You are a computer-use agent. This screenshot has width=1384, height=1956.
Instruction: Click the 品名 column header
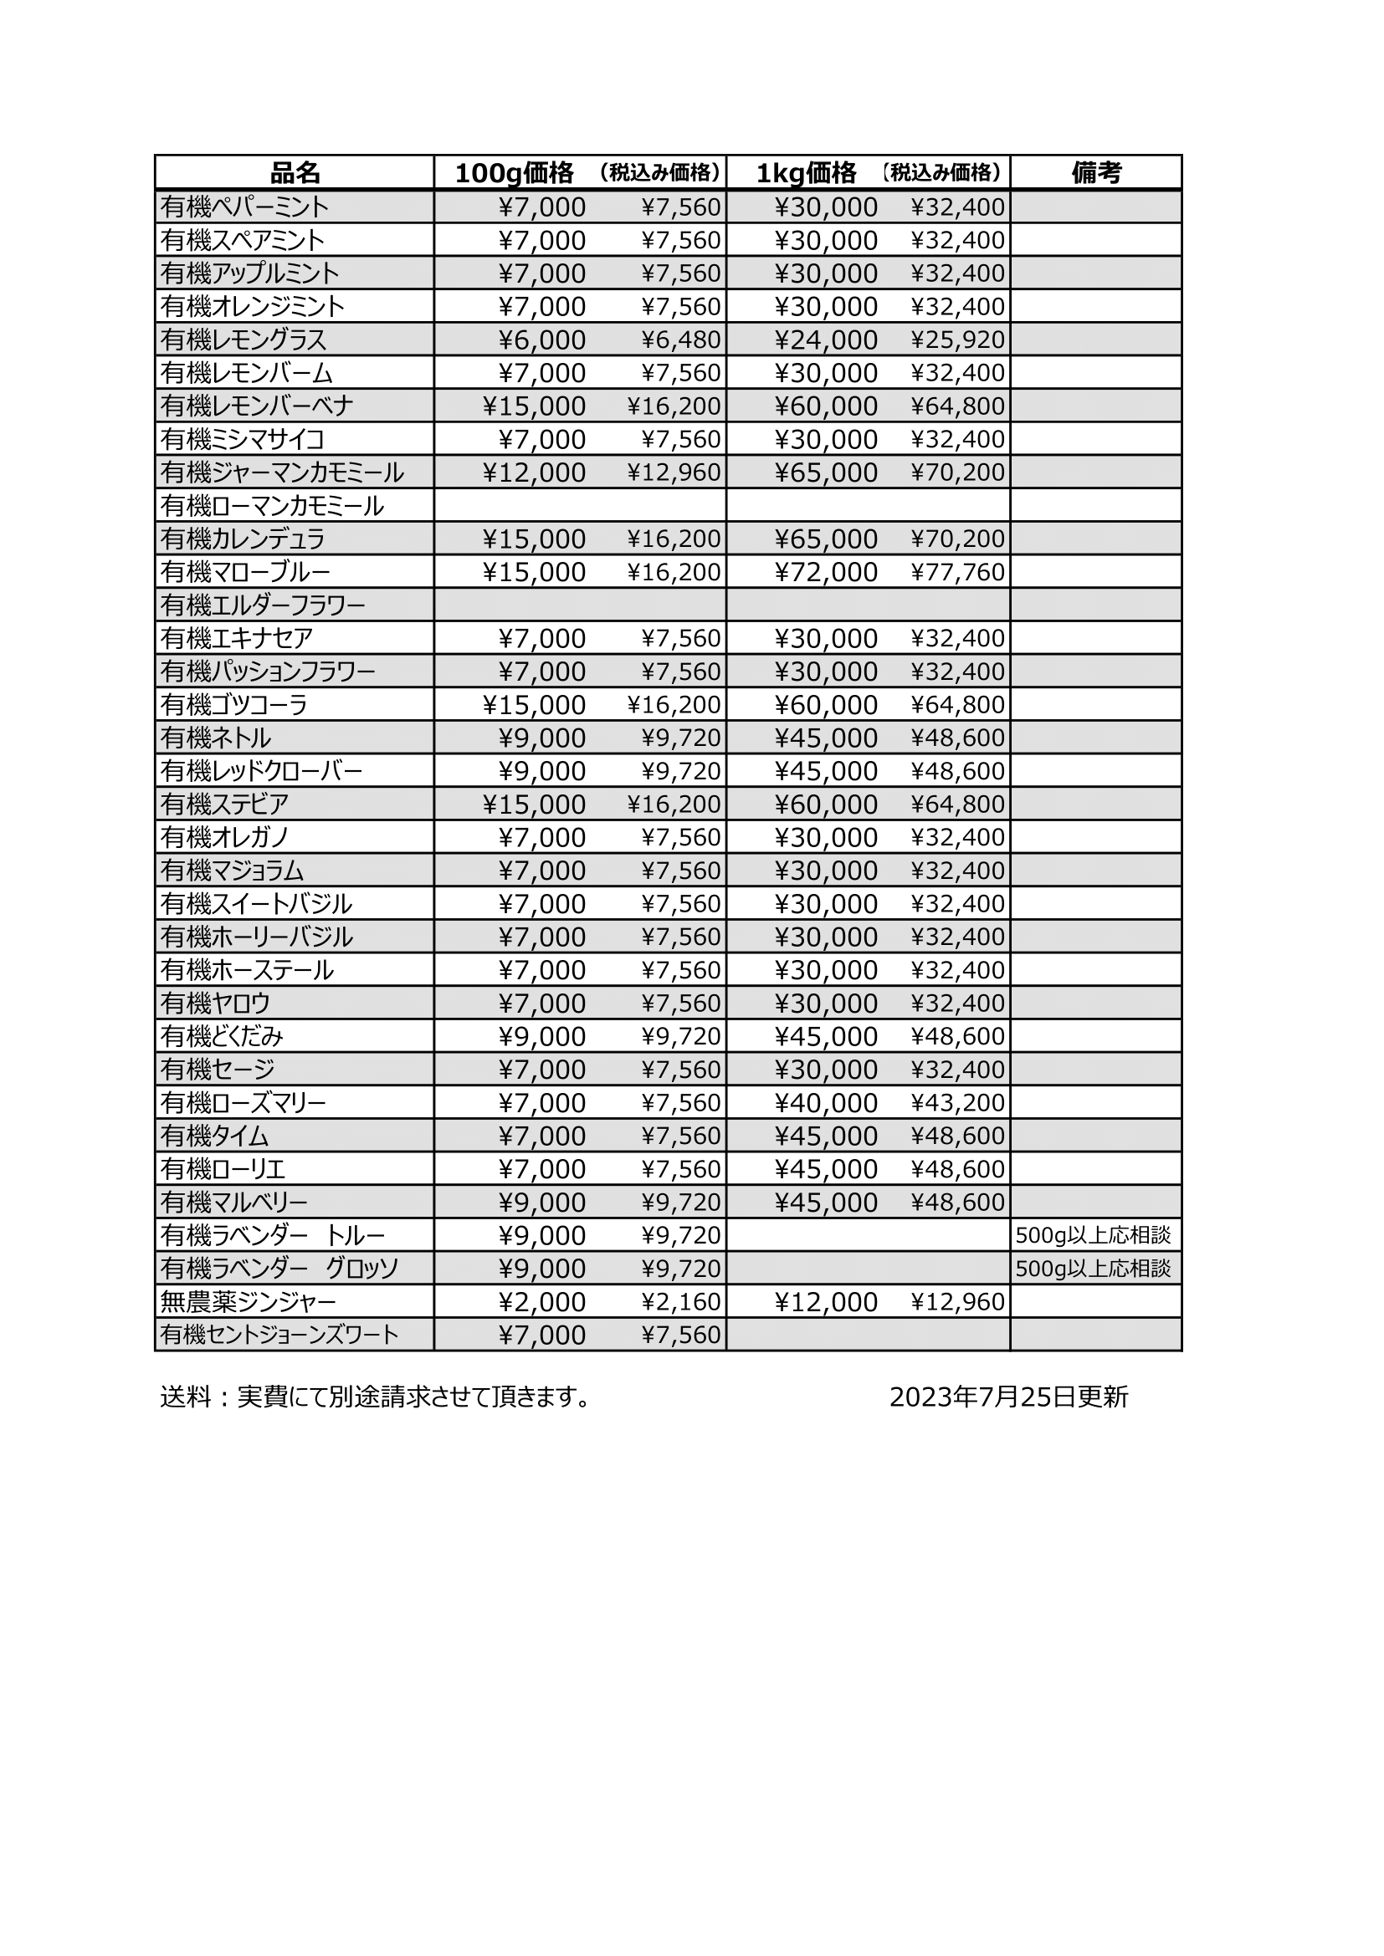[294, 173]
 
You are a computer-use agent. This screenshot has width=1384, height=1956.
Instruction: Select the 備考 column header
[1096, 173]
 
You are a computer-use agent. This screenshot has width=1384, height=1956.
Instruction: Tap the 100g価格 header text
[514, 173]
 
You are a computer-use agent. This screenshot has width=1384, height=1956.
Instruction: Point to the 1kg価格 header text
[806, 173]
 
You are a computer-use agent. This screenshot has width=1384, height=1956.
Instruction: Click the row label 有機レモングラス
[243, 340]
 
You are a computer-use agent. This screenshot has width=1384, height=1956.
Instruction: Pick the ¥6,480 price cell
[681, 340]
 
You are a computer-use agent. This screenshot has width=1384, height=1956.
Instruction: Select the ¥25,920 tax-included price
[958, 340]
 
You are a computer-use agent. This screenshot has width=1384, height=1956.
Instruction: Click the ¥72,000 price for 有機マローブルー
[826, 572]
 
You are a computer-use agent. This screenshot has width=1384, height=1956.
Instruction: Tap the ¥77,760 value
[958, 572]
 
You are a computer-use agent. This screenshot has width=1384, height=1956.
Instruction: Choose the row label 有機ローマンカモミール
[272, 506]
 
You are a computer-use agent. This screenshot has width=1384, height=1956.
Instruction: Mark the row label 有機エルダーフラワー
[263, 605]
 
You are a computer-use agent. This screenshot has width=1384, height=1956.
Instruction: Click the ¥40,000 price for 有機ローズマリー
[826, 1103]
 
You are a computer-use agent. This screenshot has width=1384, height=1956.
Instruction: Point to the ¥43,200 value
[958, 1103]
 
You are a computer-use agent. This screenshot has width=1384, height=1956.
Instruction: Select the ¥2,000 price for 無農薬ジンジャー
[543, 1303]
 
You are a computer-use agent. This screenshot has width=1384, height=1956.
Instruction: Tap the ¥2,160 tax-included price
[681, 1303]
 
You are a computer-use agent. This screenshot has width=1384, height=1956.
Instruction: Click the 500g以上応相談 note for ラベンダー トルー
[1094, 1235]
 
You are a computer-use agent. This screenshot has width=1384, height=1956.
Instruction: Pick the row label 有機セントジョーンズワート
[279, 1335]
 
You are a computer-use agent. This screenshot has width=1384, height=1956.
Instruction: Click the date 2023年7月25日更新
[1008, 1398]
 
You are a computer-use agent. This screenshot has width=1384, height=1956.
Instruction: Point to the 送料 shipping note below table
[375, 1398]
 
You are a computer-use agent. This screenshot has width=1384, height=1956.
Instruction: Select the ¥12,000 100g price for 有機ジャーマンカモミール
[535, 472]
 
